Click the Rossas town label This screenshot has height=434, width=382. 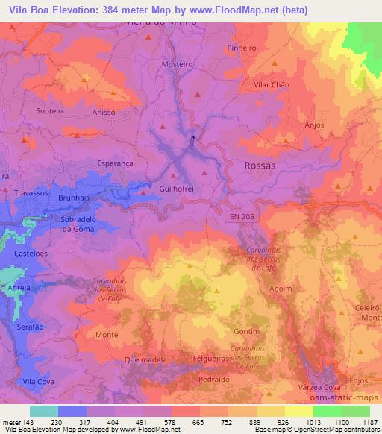point(260,166)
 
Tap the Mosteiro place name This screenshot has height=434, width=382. point(177,64)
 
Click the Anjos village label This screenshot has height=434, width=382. point(314,125)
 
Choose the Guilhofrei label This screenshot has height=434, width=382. point(177,189)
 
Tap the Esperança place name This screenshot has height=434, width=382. point(115,162)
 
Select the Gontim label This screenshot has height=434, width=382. point(246,331)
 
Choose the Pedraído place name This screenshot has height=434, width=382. point(214,379)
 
